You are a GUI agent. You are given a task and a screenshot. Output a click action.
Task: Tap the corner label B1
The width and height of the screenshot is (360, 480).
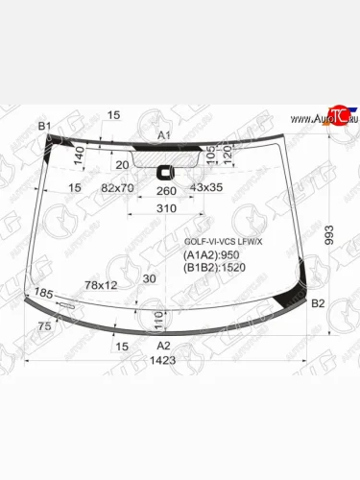(44, 126)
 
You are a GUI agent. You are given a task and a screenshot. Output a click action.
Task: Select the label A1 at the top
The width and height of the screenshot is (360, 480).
(163, 135)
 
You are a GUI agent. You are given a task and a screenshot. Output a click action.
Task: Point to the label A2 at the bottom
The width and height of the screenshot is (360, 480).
(163, 345)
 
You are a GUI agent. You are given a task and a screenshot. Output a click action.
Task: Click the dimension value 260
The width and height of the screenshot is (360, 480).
(165, 190)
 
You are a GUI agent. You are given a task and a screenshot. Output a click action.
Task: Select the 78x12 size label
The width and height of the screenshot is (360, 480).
(101, 285)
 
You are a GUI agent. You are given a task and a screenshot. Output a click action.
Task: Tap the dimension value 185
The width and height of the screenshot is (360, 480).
(44, 292)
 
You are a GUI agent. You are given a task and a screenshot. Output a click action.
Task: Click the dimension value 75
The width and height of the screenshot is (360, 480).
(44, 326)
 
